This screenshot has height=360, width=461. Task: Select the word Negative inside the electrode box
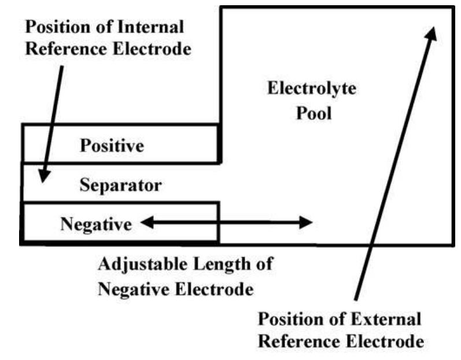coord(96,224)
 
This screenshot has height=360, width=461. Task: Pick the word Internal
coord(151,27)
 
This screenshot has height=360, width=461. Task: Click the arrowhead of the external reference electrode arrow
coord(430,31)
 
